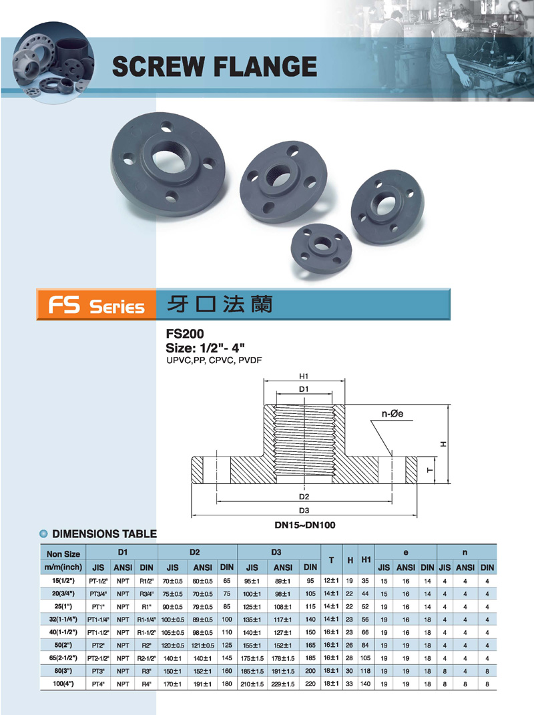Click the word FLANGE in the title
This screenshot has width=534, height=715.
pos(265,67)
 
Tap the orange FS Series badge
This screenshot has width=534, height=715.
pos(96,304)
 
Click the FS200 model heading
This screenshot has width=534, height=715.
pos(185,334)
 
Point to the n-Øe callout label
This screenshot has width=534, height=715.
pos(392,414)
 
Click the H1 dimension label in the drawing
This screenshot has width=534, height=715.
pos(304,377)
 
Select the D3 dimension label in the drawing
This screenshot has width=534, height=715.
pos(304,510)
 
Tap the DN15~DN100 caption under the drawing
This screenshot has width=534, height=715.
pos(304,525)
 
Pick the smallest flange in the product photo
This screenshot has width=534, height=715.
pos(321,249)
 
